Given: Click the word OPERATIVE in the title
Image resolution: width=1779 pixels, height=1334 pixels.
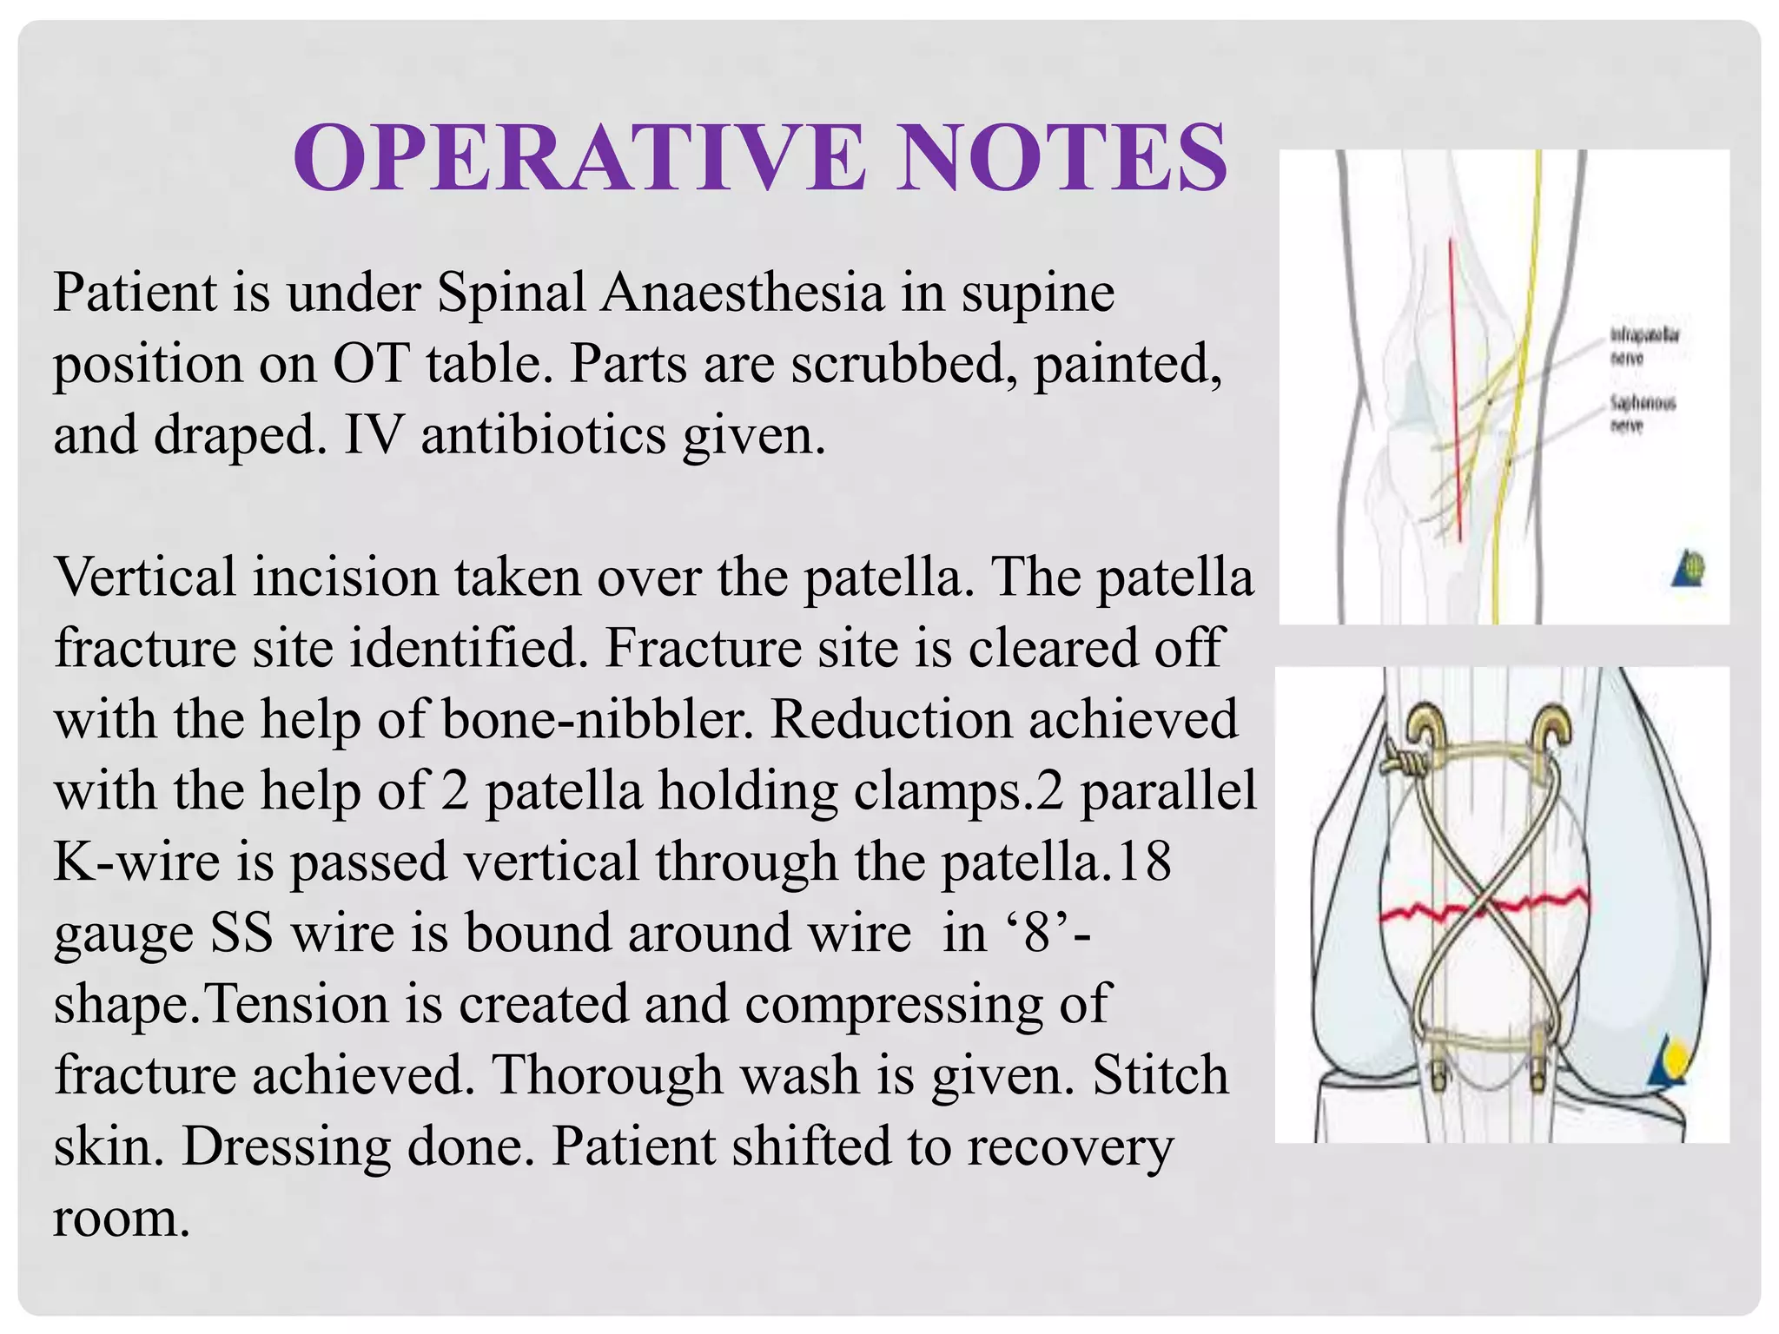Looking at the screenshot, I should tap(579, 158).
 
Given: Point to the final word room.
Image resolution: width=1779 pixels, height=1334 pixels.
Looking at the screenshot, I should tap(121, 1218).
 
